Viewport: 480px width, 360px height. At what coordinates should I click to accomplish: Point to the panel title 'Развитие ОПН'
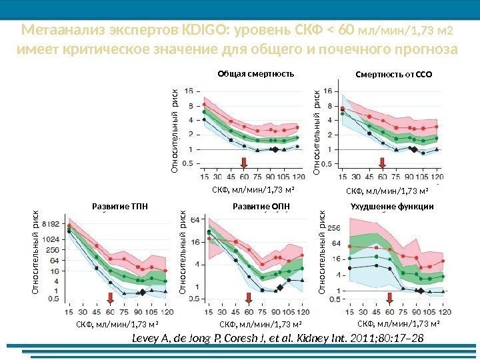pos(260,207)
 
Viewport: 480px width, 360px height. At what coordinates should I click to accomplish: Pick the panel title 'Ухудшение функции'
pos(392,207)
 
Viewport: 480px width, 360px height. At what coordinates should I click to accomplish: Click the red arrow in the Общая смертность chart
pos(244,163)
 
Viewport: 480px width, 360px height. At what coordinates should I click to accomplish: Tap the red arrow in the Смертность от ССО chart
pos(383,163)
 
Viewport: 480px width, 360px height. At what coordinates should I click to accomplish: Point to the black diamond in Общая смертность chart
pos(274,150)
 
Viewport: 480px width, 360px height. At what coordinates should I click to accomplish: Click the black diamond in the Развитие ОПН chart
pos(280,289)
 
